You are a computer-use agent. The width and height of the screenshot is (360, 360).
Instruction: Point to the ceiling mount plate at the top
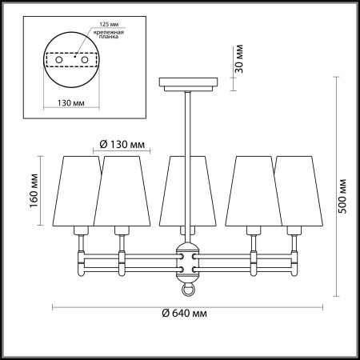[x=189, y=82]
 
